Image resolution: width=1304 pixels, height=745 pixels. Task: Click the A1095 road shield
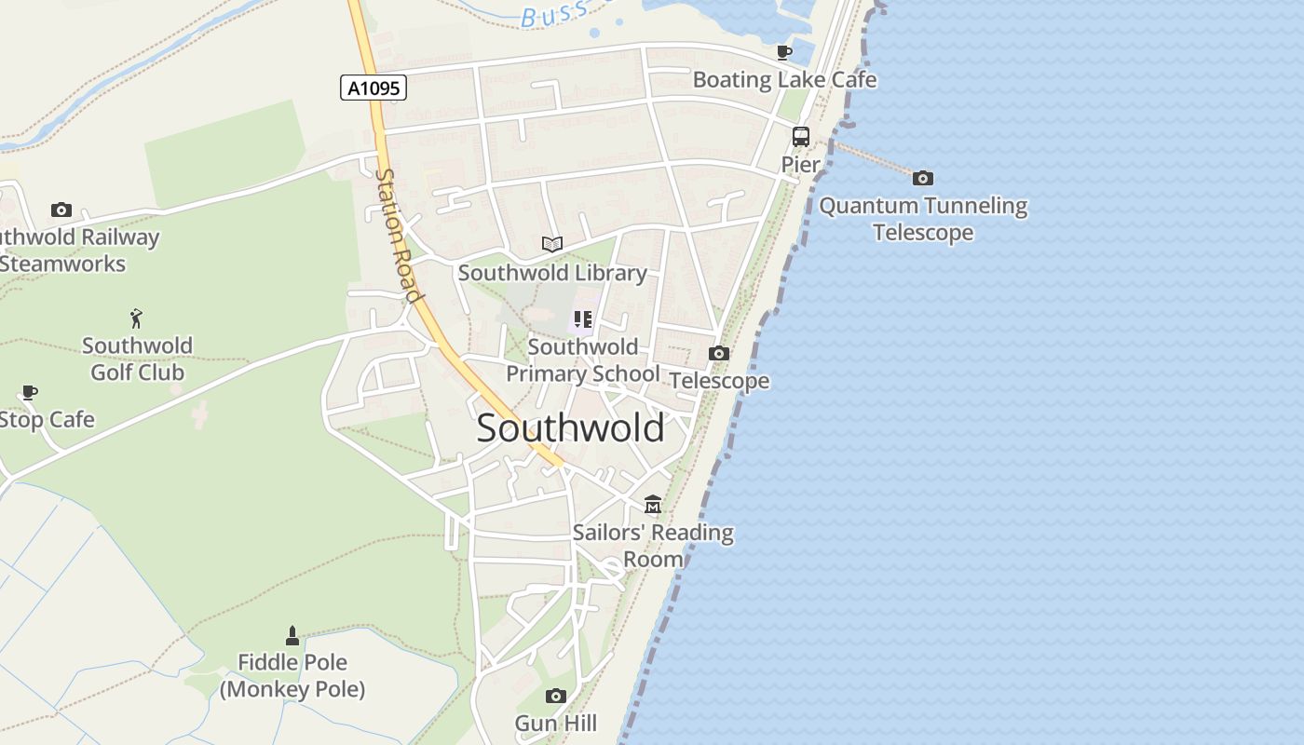pos(373,88)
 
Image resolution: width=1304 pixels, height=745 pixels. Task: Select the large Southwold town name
pos(570,428)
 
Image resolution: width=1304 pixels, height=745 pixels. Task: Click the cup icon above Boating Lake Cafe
pos(783,52)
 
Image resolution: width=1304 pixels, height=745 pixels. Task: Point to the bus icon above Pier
pos(800,137)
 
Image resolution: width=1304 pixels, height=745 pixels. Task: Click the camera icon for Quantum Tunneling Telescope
pos(922,178)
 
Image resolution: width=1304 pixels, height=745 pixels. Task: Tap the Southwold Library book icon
pos(552,244)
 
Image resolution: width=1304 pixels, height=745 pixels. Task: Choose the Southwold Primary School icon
pos(583,320)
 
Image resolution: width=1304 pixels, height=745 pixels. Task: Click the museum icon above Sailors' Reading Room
pos(653,504)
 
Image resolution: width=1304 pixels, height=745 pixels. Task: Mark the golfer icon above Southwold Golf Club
pos(137,318)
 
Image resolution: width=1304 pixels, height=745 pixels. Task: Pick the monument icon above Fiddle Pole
pos(292,636)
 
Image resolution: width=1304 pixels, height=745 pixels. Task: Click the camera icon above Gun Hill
pos(556,696)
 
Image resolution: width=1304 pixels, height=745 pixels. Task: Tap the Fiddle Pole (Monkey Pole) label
pos(292,676)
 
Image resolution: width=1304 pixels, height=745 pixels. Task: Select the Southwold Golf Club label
pos(137,359)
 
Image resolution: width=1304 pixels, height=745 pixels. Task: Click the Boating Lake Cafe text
pos(784,80)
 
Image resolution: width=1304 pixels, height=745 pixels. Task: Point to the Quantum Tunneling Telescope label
pos(923,219)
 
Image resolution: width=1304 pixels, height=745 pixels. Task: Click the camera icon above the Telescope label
pos(718,353)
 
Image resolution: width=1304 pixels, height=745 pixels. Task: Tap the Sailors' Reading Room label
pos(653,546)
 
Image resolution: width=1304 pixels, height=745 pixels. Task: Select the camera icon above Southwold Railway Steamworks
pos(61,210)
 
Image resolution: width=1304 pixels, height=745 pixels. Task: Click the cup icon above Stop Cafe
pos(29,392)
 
